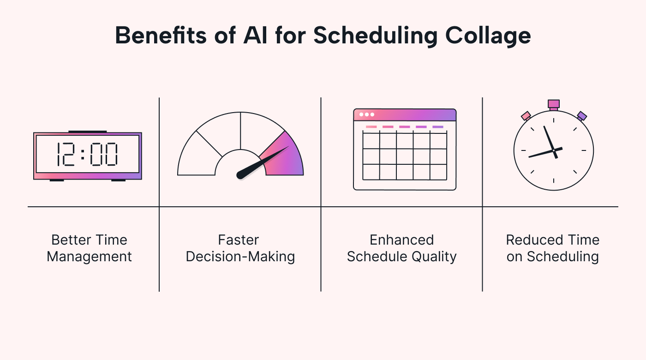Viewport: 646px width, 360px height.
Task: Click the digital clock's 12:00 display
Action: [x=88, y=154]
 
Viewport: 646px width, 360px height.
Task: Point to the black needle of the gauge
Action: [x=261, y=162]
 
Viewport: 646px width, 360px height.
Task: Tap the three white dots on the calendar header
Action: [x=367, y=114]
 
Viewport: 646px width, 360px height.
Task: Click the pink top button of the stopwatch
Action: [x=554, y=104]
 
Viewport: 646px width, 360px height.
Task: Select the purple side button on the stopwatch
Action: [x=582, y=116]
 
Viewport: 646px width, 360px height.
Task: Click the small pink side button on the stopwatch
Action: [x=526, y=115]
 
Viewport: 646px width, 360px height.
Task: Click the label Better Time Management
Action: [x=89, y=248]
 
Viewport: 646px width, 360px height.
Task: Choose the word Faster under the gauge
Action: [x=239, y=240]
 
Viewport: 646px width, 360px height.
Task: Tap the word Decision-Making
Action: [x=240, y=257]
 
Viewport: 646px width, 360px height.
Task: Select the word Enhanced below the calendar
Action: [x=402, y=240]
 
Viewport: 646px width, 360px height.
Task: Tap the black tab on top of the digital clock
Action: [x=88, y=132]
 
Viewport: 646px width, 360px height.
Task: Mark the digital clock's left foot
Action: [x=57, y=180]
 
